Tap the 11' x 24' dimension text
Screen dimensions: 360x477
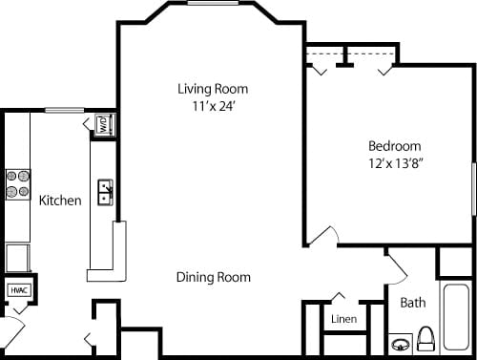[213, 106]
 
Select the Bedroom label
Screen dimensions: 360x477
[394, 146]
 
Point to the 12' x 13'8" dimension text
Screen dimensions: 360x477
[395, 163]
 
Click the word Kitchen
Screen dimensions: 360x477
[59, 201]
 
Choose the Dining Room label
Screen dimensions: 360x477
[214, 278]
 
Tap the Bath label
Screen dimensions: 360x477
[412, 304]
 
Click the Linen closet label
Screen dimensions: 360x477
[343, 318]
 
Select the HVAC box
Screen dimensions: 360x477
[18, 289]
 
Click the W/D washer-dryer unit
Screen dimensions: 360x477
[102, 125]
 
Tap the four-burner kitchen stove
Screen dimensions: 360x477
[18, 183]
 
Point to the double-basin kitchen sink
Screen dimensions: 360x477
[105, 192]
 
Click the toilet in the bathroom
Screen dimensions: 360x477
[426, 339]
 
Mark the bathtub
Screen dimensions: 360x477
[455, 315]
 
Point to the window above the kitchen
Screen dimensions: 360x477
[62, 109]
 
